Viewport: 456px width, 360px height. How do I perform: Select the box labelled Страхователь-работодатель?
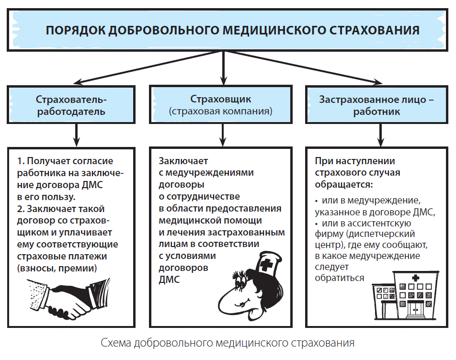(71, 104)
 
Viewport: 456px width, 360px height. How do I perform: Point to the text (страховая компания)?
(221, 111)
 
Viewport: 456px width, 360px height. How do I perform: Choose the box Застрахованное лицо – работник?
(376, 104)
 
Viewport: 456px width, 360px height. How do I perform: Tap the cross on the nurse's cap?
(265, 265)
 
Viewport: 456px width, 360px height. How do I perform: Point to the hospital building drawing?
(405, 295)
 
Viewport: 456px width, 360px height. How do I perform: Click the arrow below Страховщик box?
(223, 135)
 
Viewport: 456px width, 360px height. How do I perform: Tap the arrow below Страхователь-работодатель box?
(77, 135)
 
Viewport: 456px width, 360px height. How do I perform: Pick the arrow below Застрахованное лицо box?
(380, 135)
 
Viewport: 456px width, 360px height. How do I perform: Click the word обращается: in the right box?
(344, 184)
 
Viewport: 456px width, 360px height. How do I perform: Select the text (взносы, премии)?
(57, 268)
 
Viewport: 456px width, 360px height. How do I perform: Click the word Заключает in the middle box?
(183, 161)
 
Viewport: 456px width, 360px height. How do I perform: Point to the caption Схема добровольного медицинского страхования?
(228, 343)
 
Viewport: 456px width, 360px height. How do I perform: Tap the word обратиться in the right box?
(340, 278)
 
